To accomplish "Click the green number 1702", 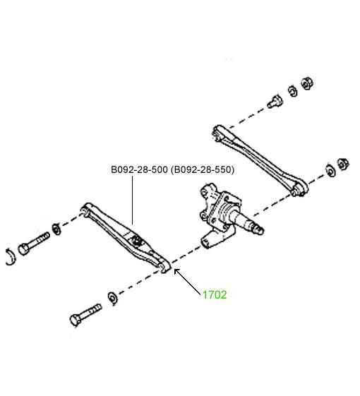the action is pos(215,295).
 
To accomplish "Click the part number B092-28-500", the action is pos(140,169).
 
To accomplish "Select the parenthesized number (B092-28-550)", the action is pos(203,169).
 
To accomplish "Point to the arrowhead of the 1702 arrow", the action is pos(176,271).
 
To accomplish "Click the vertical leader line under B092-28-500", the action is pos(132,200).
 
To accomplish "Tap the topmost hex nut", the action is pos(307,83).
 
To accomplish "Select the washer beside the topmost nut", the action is pos(293,91).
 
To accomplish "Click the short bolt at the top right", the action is pos(275,102).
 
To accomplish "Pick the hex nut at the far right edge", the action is pos(343,164).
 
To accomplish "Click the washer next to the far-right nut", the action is pos(330,171).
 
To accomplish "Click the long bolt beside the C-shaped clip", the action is pos(33,244).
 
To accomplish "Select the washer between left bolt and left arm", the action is pos(56,229).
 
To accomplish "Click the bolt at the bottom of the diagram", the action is pos(85,315).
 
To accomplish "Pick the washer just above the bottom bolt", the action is pos(113,298).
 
